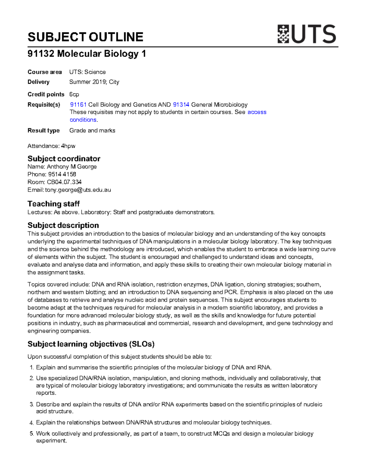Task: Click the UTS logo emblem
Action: (x=283, y=34)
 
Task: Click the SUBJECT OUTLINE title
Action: (x=85, y=37)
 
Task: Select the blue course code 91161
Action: (x=78, y=104)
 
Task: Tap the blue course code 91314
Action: (x=181, y=104)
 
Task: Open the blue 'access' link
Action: (x=257, y=112)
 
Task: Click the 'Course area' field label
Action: (x=45, y=72)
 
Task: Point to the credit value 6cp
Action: (x=74, y=94)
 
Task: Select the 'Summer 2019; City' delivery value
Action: (x=94, y=82)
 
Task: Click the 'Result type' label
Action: (x=44, y=130)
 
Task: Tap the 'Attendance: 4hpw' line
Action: (x=51, y=146)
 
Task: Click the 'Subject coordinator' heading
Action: (x=64, y=159)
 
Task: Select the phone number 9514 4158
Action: (x=62, y=174)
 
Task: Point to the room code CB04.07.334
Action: (x=64, y=182)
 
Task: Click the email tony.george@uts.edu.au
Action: (x=78, y=190)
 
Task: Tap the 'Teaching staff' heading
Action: (x=53, y=204)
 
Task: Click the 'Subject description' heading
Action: (x=63, y=225)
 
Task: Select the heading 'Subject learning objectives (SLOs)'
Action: (x=91, y=344)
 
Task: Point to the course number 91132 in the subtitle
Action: (x=41, y=54)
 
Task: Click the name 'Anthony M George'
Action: (x=72, y=167)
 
